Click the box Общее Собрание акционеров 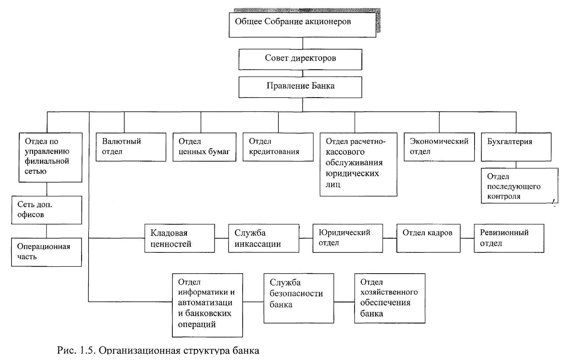(303, 25)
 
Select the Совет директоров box (300, 60)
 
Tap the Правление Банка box (300, 87)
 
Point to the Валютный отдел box (131, 147)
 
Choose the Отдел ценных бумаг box (205, 147)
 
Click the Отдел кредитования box (278, 147)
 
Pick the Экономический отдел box (439, 147)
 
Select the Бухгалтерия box (516, 147)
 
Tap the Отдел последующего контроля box (519, 186)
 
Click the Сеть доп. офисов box (47, 210)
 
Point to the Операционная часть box (47, 252)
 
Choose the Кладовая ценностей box (180, 238)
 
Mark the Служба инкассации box (264, 238)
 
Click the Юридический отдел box (348, 238)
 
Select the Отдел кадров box (428, 238)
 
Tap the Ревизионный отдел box (509, 238)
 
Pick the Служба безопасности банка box (299, 299)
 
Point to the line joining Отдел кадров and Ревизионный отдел (467, 238)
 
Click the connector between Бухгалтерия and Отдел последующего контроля (516, 165)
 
